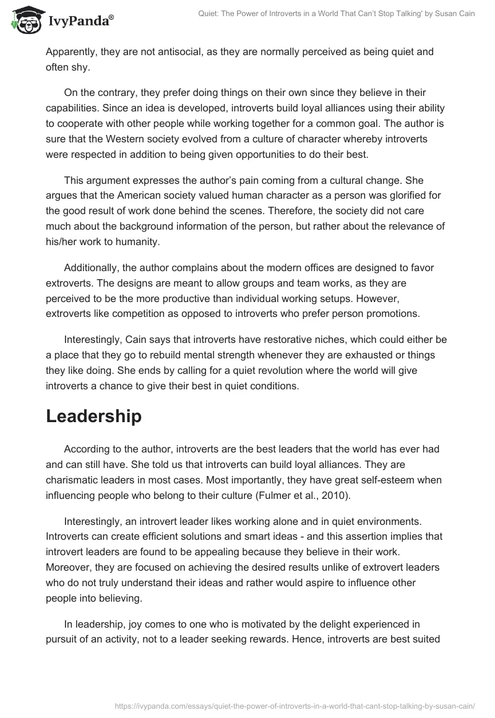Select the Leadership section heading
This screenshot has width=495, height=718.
click(x=93, y=417)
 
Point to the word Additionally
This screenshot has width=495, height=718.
click(x=92, y=267)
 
